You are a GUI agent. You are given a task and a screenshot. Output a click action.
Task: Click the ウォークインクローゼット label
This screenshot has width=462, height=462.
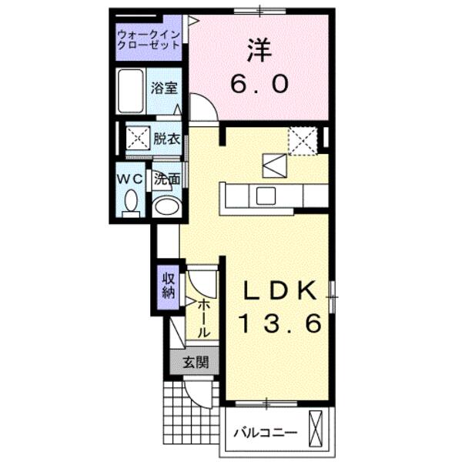coord(149,38)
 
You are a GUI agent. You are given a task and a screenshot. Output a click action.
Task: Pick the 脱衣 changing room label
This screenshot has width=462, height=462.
coord(166,139)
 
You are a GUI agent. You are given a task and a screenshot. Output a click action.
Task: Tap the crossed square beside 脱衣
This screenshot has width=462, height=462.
coord(139,139)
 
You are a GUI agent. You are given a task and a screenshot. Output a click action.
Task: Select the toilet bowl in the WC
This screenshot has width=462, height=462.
coord(131,202)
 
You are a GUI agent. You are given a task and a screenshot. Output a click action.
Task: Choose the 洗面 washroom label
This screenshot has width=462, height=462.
coord(167,179)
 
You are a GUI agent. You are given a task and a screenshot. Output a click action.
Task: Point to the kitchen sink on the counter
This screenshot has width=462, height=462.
coord(266,196)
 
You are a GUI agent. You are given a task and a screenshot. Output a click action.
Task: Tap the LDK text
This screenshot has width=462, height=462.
coord(280,290)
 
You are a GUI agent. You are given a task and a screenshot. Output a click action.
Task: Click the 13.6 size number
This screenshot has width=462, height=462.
coord(279,325)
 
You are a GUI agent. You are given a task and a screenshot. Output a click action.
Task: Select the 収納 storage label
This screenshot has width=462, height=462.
coord(168,286)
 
